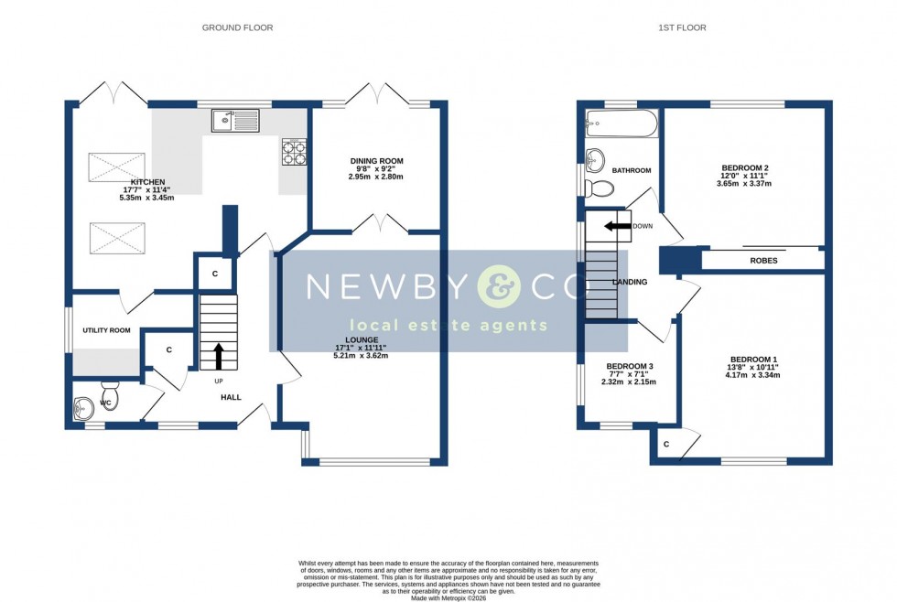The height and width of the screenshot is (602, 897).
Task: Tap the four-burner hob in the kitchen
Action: [294, 151]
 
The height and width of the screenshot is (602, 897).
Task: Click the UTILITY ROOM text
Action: [106, 330]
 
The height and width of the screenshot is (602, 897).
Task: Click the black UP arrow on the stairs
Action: [218, 355]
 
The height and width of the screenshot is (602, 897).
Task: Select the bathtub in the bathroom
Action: [621, 124]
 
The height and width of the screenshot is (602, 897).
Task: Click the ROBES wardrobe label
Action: [763, 261]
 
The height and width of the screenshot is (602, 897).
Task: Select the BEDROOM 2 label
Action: [744, 167]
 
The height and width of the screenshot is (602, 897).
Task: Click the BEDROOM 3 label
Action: [629, 366]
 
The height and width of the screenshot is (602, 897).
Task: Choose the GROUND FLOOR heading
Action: [237, 27]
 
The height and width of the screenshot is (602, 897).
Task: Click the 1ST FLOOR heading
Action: [682, 27]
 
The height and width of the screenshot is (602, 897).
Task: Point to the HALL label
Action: [231, 397]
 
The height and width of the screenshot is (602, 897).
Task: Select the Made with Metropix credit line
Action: [448, 597]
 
